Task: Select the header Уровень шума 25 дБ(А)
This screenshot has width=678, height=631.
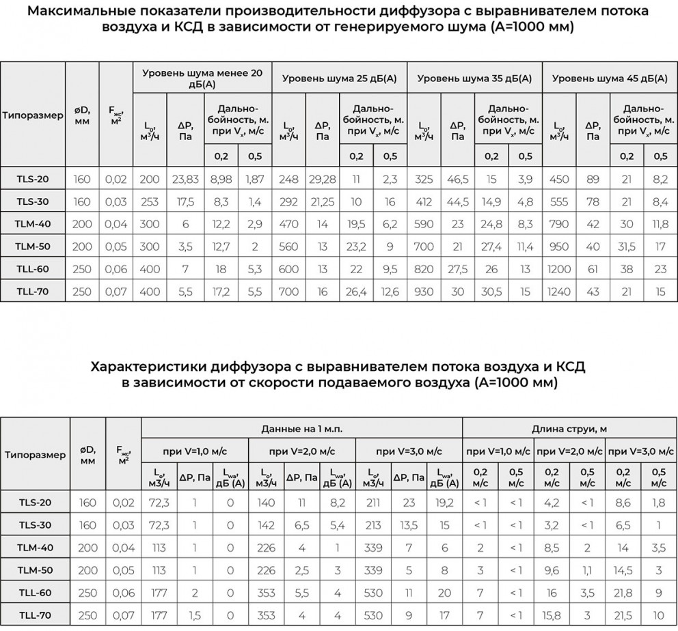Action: click(339, 79)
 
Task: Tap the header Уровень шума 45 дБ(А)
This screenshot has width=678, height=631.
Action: click(610, 79)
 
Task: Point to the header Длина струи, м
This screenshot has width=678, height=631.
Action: click(570, 428)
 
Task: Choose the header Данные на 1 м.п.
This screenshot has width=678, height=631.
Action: click(301, 428)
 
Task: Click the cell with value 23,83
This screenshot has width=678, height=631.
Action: click(185, 180)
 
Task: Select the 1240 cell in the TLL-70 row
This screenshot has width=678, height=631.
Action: click(558, 291)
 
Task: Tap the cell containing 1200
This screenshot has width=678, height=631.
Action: click(558, 268)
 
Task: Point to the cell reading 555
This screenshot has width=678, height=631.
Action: click(558, 201)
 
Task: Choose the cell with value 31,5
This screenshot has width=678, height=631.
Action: click(627, 246)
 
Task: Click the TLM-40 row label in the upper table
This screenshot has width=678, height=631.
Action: click(33, 224)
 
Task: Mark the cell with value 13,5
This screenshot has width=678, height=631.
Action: click(409, 525)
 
